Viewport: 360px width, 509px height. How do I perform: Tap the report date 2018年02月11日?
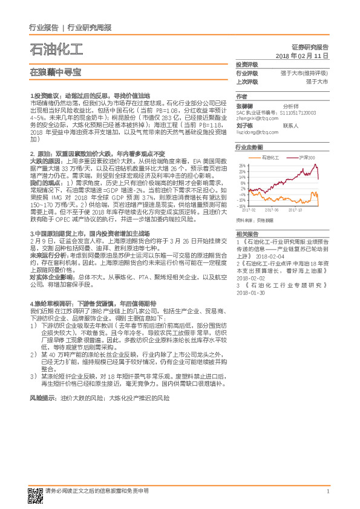point(301,55)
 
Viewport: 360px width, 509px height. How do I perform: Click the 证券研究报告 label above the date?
point(309,47)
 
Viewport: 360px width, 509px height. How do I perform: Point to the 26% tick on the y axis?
point(243,165)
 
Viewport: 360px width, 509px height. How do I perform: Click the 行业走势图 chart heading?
point(249,148)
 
